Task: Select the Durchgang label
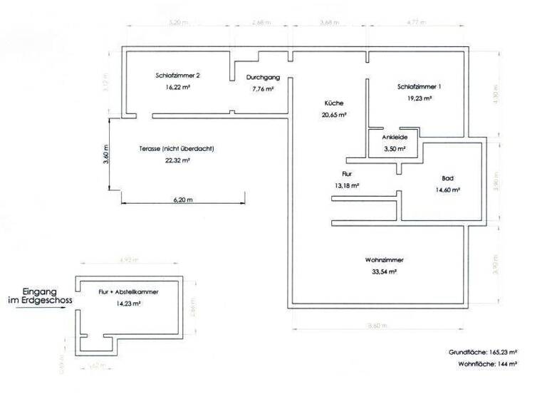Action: click(x=262, y=78)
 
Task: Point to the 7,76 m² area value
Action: click(x=263, y=90)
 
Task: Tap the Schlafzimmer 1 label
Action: click(x=420, y=87)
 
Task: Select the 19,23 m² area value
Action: click(x=420, y=98)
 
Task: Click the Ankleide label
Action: click(x=394, y=137)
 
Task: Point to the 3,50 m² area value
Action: click(x=394, y=149)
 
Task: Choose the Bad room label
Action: click(x=448, y=178)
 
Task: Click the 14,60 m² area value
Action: click(x=448, y=190)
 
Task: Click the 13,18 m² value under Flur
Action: click(x=346, y=185)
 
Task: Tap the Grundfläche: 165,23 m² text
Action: click(x=483, y=352)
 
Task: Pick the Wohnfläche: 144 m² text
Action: click(x=487, y=363)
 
